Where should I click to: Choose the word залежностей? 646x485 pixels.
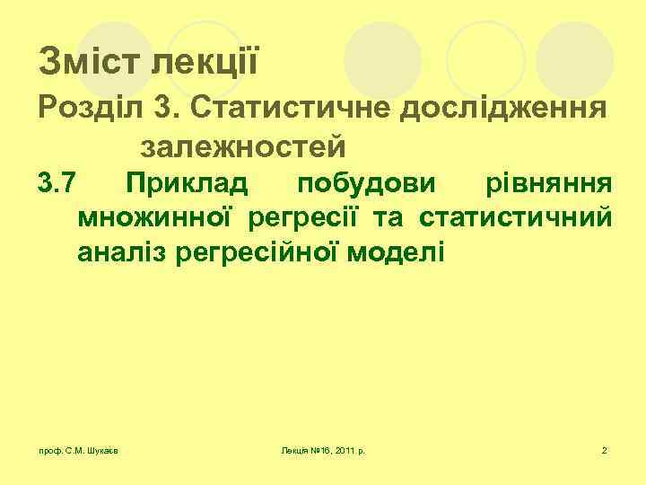point(242,145)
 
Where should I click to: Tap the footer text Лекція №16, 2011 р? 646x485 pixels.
point(327,449)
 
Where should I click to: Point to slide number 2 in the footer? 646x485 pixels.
point(605,449)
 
